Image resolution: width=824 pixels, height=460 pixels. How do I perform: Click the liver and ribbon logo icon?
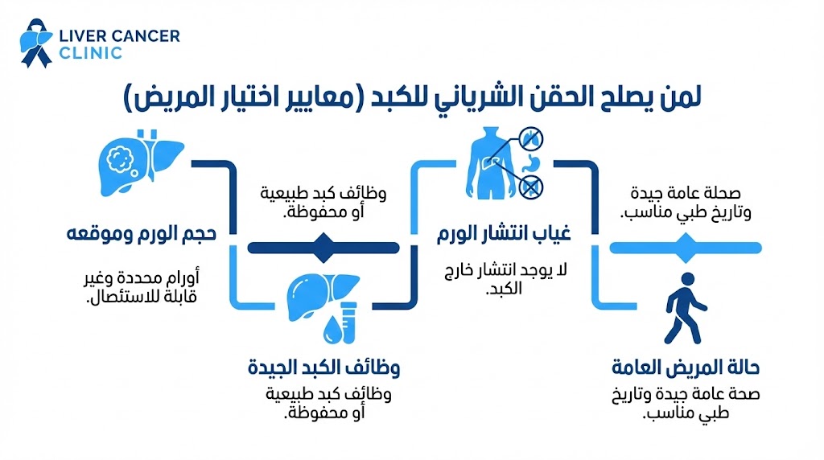click(x=35, y=43)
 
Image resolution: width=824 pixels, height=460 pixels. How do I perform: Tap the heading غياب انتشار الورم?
click(x=503, y=236)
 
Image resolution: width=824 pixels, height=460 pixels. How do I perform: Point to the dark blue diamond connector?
click(x=323, y=248)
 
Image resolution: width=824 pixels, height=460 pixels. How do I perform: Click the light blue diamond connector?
click(x=686, y=248)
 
